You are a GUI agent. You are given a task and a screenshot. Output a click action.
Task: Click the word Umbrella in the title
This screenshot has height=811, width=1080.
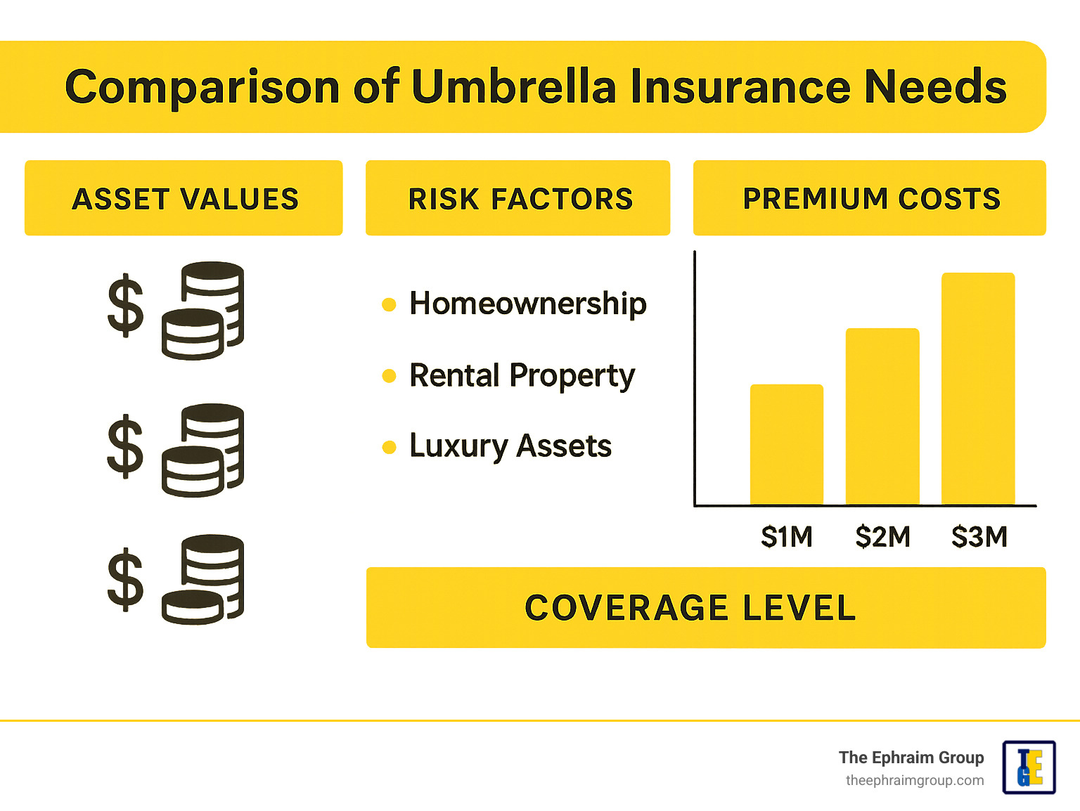514,87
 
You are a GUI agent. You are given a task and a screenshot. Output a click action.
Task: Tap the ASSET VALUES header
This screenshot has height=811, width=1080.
185,199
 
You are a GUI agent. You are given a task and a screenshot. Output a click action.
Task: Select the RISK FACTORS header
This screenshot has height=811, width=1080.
520,199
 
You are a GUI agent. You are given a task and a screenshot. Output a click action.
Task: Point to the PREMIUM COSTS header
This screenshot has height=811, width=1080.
871,199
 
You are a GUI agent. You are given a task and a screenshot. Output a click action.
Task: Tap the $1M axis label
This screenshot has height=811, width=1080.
787,537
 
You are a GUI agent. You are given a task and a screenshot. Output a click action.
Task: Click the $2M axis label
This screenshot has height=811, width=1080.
882,537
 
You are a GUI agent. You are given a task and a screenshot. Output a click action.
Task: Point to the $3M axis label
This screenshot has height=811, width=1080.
979,537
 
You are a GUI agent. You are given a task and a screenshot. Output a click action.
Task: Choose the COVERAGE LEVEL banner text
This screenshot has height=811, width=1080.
690,608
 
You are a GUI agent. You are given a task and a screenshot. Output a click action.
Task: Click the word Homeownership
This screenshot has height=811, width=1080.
527,304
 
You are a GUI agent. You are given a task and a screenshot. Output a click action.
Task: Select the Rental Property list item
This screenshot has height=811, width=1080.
522,375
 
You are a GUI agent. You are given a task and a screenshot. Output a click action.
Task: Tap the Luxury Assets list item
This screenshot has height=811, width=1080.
510,446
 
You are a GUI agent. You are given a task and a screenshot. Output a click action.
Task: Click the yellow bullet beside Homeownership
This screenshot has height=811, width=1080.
389,304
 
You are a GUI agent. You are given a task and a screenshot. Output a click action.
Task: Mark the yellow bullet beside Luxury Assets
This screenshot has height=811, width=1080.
389,447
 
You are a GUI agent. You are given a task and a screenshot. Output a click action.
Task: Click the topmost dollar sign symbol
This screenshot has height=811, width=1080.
125,306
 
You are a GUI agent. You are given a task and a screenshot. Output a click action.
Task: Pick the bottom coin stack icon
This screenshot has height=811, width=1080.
203,580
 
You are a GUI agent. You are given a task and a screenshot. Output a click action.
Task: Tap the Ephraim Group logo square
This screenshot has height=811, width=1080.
1029,767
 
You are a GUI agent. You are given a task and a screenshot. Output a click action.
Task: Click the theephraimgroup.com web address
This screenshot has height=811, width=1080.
915,781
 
